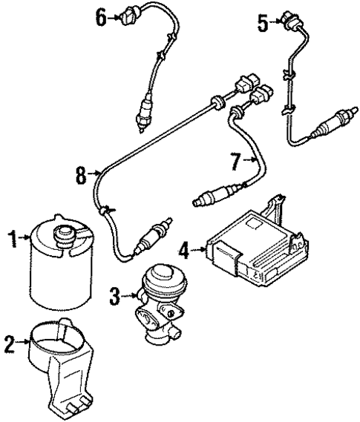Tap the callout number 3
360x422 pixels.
(113, 297)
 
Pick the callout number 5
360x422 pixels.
(262, 24)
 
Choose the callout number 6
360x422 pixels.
(101, 15)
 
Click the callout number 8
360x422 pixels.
(79, 175)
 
